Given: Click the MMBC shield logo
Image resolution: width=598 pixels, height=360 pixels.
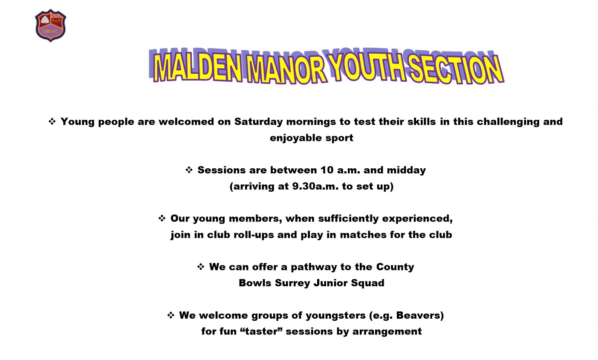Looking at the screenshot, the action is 50,26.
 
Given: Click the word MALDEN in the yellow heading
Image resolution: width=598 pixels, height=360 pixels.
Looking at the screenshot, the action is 198,67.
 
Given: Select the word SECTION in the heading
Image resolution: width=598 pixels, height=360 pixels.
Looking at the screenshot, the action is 456,69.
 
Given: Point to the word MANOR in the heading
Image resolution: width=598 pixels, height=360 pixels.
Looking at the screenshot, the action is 286,69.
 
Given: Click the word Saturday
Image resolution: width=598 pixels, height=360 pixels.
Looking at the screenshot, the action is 258,122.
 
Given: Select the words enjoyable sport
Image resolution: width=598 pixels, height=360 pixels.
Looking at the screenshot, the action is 312,138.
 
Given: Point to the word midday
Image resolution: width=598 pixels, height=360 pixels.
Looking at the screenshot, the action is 406,170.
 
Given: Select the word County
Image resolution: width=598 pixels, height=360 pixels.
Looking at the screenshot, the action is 395,267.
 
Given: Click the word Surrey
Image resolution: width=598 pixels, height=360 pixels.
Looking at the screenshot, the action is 292,283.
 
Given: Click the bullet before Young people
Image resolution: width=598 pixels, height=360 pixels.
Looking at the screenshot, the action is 52,121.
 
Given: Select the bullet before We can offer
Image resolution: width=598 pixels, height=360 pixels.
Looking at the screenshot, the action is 201,267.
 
